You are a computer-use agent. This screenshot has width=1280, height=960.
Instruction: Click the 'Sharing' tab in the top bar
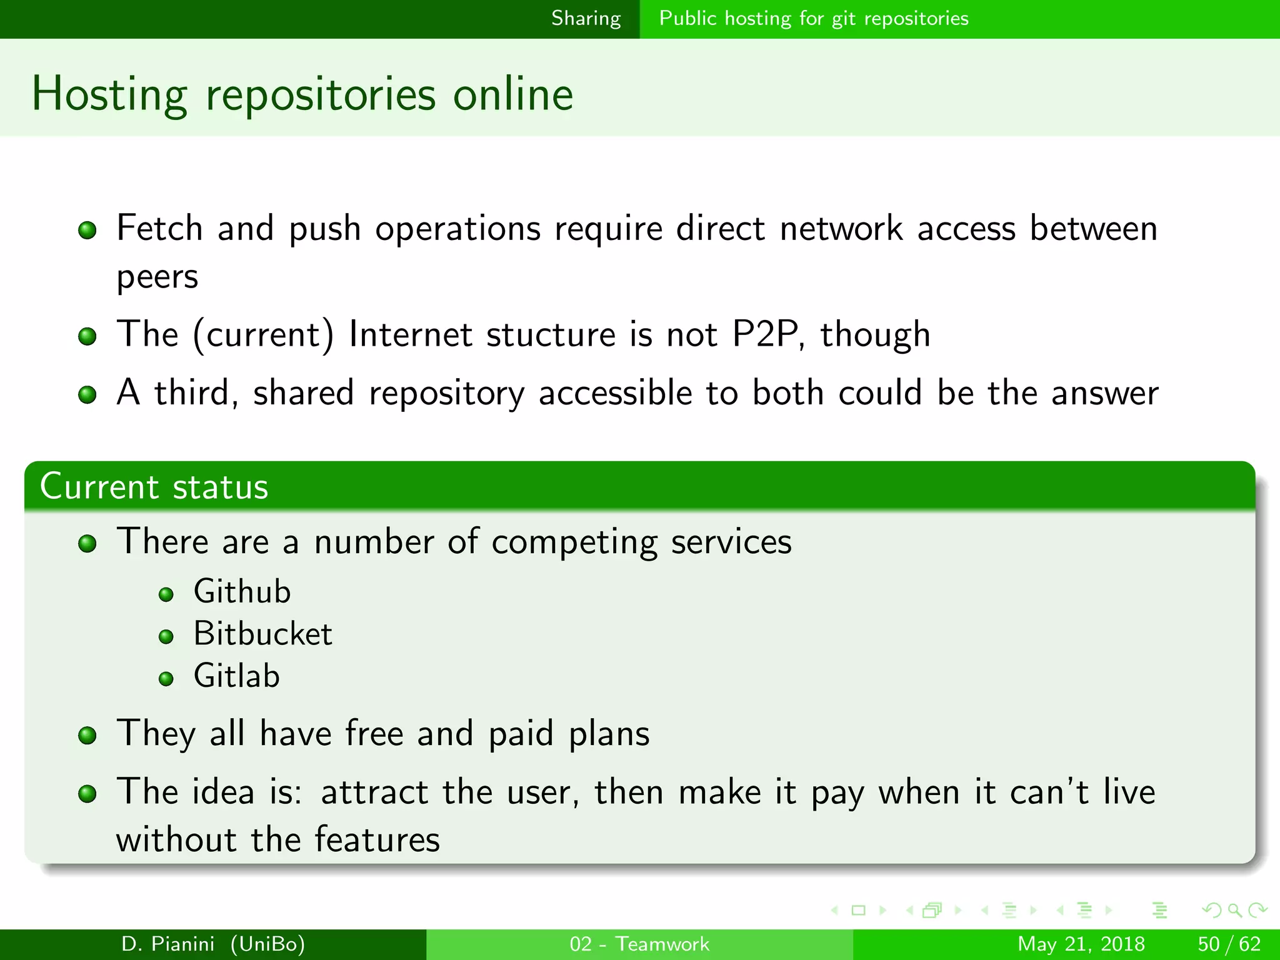pyautogui.click(x=586, y=19)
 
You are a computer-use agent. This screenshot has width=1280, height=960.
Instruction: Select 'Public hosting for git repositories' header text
pyautogui.click(x=813, y=19)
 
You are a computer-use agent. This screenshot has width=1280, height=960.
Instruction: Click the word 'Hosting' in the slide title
pyautogui.click(x=109, y=94)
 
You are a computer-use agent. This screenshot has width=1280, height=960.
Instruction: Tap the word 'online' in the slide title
pyautogui.click(x=512, y=94)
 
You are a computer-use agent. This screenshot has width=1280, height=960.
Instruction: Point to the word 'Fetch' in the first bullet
pyautogui.click(x=159, y=228)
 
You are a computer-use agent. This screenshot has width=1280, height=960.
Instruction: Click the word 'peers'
pyautogui.click(x=157, y=277)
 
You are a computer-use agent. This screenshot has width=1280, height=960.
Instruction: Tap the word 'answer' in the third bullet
pyautogui.click(x=1104, y=393)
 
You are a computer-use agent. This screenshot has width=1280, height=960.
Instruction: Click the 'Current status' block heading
pyautogui.click(x=154, y=487)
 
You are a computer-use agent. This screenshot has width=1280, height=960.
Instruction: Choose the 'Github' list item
pyautogui.click(x=242, y=592)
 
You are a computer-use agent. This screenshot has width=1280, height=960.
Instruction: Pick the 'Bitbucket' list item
pyautogui.click(x=262, y=634)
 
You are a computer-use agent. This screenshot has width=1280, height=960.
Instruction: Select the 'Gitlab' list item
pyautogui.click(x=236, y=677)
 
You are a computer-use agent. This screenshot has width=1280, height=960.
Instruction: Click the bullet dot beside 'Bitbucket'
pyautogui.click(x=166, y=637)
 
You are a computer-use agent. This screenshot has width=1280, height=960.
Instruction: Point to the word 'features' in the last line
pyautogui.click(x=377, y=839)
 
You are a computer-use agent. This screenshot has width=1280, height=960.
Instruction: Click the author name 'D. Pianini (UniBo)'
pyautogui.click(x=213, y=944)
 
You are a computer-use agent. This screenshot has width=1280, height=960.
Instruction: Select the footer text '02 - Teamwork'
pyautogui.click(x=639, y=944)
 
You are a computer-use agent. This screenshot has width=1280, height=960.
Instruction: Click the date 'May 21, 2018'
pyautogui.click(x=1081, y=944)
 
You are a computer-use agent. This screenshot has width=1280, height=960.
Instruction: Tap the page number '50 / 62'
pyautogui.click(x=1228, y=944)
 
